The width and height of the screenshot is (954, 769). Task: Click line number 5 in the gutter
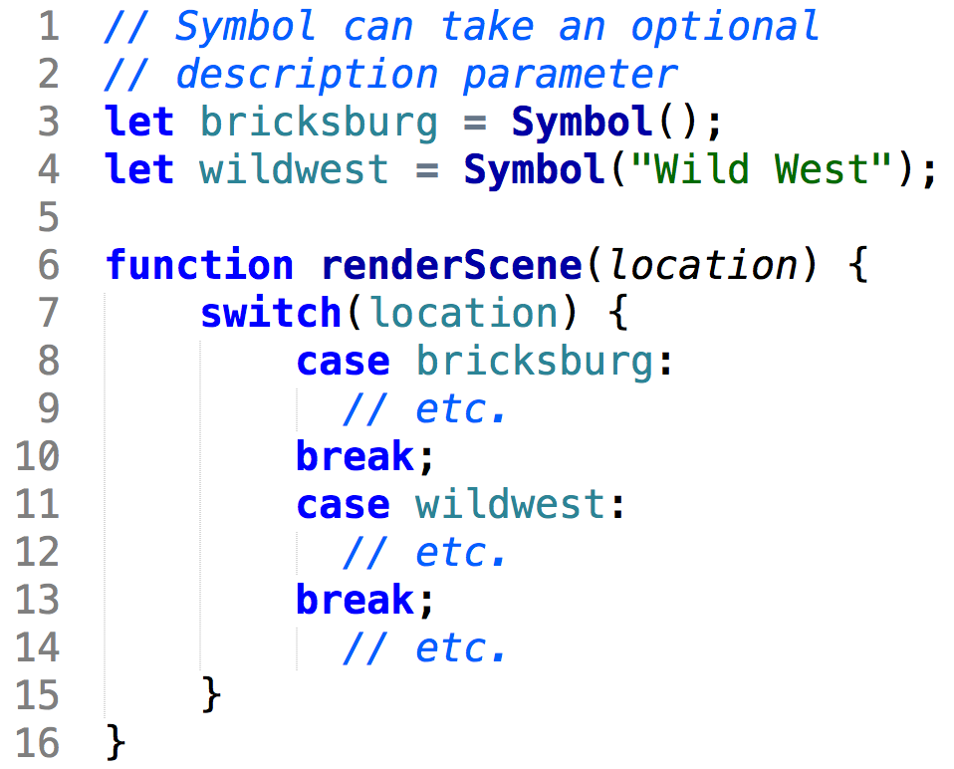[48, 217]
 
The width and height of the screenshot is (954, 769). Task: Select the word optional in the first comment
[724, 26]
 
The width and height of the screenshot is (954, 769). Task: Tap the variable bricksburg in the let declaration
[319, 122]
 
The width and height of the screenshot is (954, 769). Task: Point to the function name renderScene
[451, 265]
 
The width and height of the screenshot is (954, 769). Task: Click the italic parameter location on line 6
[703, 265]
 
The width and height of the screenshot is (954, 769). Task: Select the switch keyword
[271, 313]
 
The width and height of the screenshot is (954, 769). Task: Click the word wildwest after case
[510, 504]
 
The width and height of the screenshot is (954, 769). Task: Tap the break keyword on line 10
[356, 456]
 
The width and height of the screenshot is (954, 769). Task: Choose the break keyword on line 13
[356, 600]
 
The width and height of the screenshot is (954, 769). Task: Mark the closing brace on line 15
[211, 694]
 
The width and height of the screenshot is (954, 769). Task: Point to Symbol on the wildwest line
[534, 169]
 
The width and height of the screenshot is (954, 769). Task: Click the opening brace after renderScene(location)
[858, 266]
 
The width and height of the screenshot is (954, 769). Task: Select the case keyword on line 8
[343, 361]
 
